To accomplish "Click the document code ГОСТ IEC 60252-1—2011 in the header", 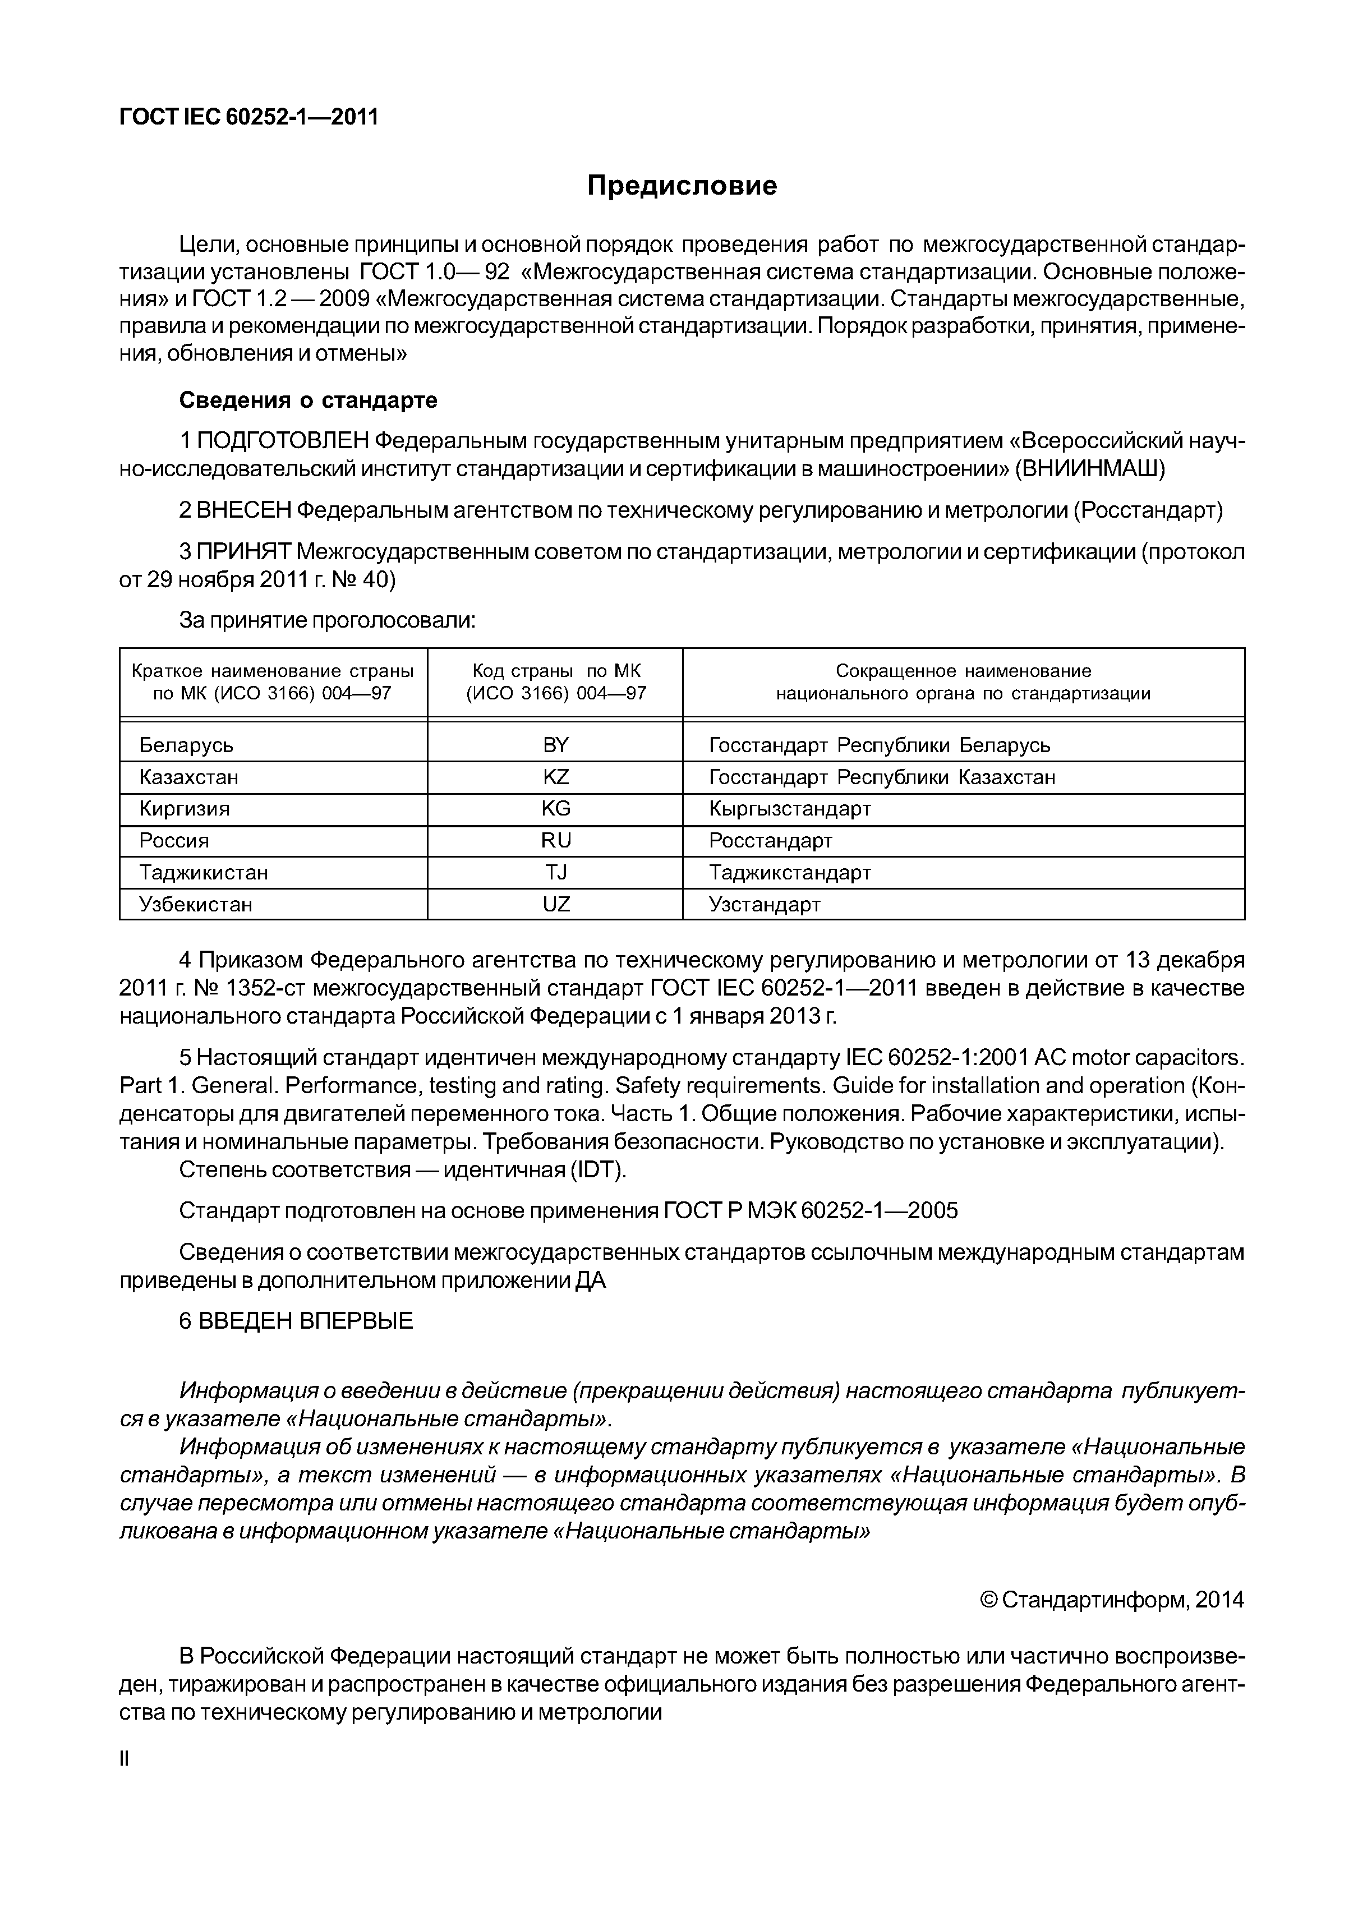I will coord(248,117).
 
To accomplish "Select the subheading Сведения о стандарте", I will coord(308,401).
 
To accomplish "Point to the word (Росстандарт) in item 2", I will coord(1147,510).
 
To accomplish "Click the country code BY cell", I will coord(555,745).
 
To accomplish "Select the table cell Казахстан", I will coord(188,777).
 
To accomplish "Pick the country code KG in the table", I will coord(555,809).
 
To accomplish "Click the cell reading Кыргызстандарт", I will coord(790,809).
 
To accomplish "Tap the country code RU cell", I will coord(555,841).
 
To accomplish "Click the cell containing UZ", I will coord(555,905).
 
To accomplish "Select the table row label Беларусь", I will coord(186,745).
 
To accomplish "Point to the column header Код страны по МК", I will coord(555,671).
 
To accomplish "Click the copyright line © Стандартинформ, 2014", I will coord(1111,1601).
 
